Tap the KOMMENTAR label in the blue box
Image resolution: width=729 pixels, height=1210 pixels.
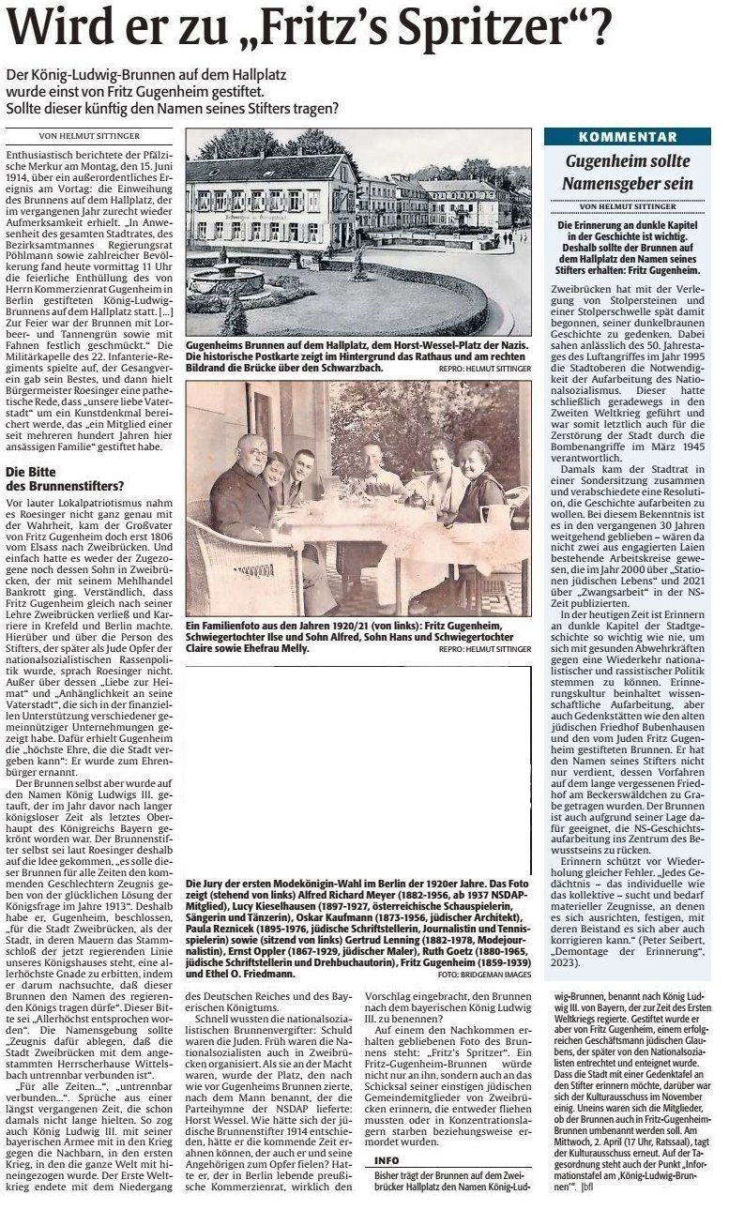point(627,137)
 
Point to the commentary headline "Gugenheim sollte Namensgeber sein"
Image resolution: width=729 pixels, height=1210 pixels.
point(627,173)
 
